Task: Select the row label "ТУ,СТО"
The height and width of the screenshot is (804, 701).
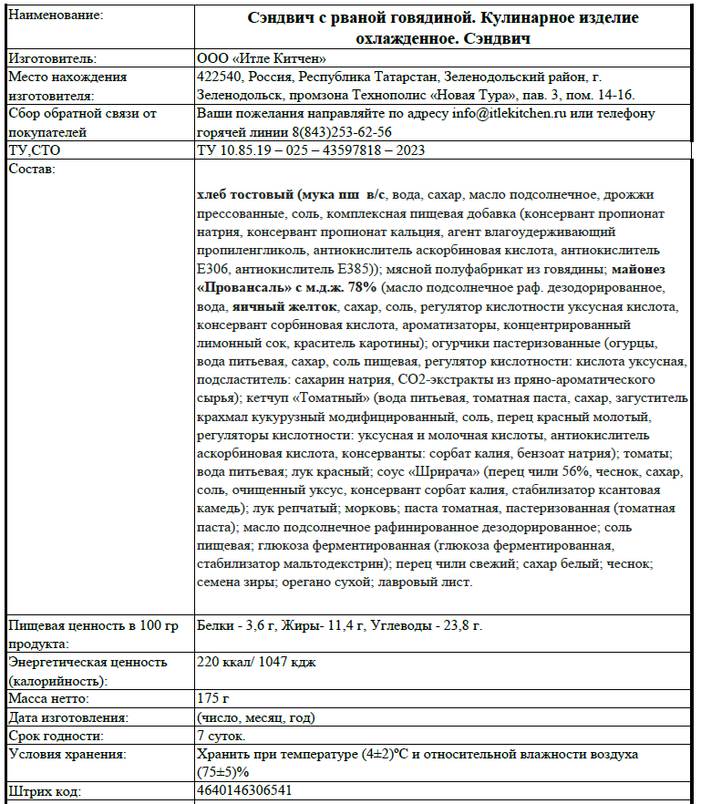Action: (x=35, y=149)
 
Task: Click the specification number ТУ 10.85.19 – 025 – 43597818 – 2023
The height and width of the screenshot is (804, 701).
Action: (x=310, y=149)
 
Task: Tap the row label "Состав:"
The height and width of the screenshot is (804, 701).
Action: (x=32, y=169)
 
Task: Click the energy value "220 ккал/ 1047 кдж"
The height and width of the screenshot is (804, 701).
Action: (x=256, y=662)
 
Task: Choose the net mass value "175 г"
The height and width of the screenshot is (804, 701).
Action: (x=211, y=698)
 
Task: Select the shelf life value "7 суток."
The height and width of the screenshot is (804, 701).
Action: (x=221, y=735)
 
